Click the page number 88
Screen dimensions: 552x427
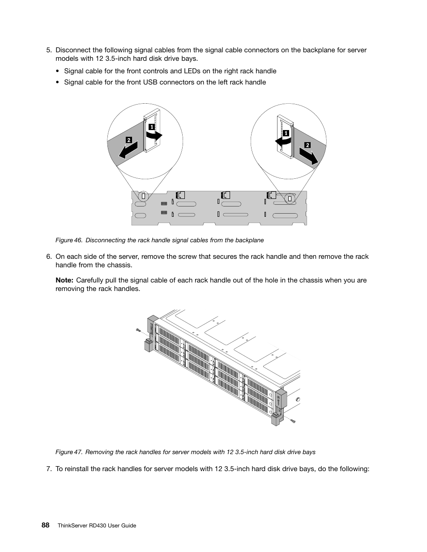click(46, 525)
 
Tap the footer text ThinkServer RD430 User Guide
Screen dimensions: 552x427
click(97, 526)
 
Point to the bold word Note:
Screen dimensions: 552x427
click(64, 280)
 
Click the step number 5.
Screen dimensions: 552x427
click(49, 50)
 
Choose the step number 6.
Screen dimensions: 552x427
click(49, 257)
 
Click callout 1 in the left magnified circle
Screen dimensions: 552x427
click(152, 127)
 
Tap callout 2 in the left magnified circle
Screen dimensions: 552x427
click(128, 139)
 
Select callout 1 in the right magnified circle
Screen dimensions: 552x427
click(285, 133)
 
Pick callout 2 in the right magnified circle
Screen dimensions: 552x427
click(307, 145)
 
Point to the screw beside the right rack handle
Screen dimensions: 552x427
click(292, 421)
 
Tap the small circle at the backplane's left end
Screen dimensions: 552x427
click(143, 196)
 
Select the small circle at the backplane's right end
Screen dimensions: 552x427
click(290, 198)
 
